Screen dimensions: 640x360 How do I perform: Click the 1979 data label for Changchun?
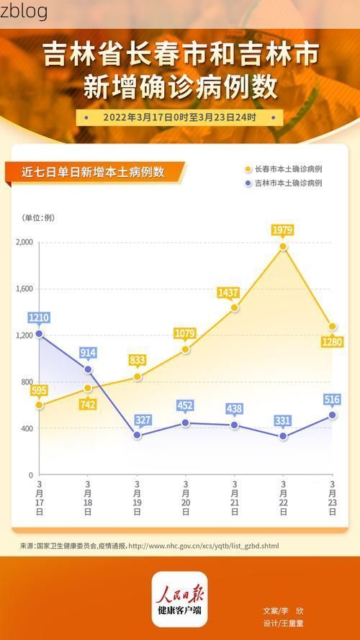coord(283,230)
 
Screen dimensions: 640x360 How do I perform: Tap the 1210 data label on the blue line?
coord(39,317)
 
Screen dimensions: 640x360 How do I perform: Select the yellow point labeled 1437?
coord(235,308)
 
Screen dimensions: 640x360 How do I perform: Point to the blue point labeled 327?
coord(137,435)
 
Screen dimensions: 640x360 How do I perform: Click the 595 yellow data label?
coord(39,390)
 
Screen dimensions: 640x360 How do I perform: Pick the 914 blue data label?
coord(88,353)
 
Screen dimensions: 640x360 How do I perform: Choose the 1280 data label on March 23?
coord(332,341)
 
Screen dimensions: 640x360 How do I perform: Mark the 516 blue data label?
coord(332,400)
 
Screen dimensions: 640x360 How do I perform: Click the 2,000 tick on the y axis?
coord(24,243)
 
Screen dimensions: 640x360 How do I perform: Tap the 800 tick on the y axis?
coord(26,382)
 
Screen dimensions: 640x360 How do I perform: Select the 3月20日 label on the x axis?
coord(186,497)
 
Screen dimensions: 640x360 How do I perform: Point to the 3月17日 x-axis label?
coord(39,497)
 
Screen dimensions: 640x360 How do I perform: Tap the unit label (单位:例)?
coord(38,217)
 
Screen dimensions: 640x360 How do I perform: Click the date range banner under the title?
coord(179,117)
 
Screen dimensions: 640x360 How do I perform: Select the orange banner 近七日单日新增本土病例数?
coord(94,172)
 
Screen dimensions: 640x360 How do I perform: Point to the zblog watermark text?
coord(24,11)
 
